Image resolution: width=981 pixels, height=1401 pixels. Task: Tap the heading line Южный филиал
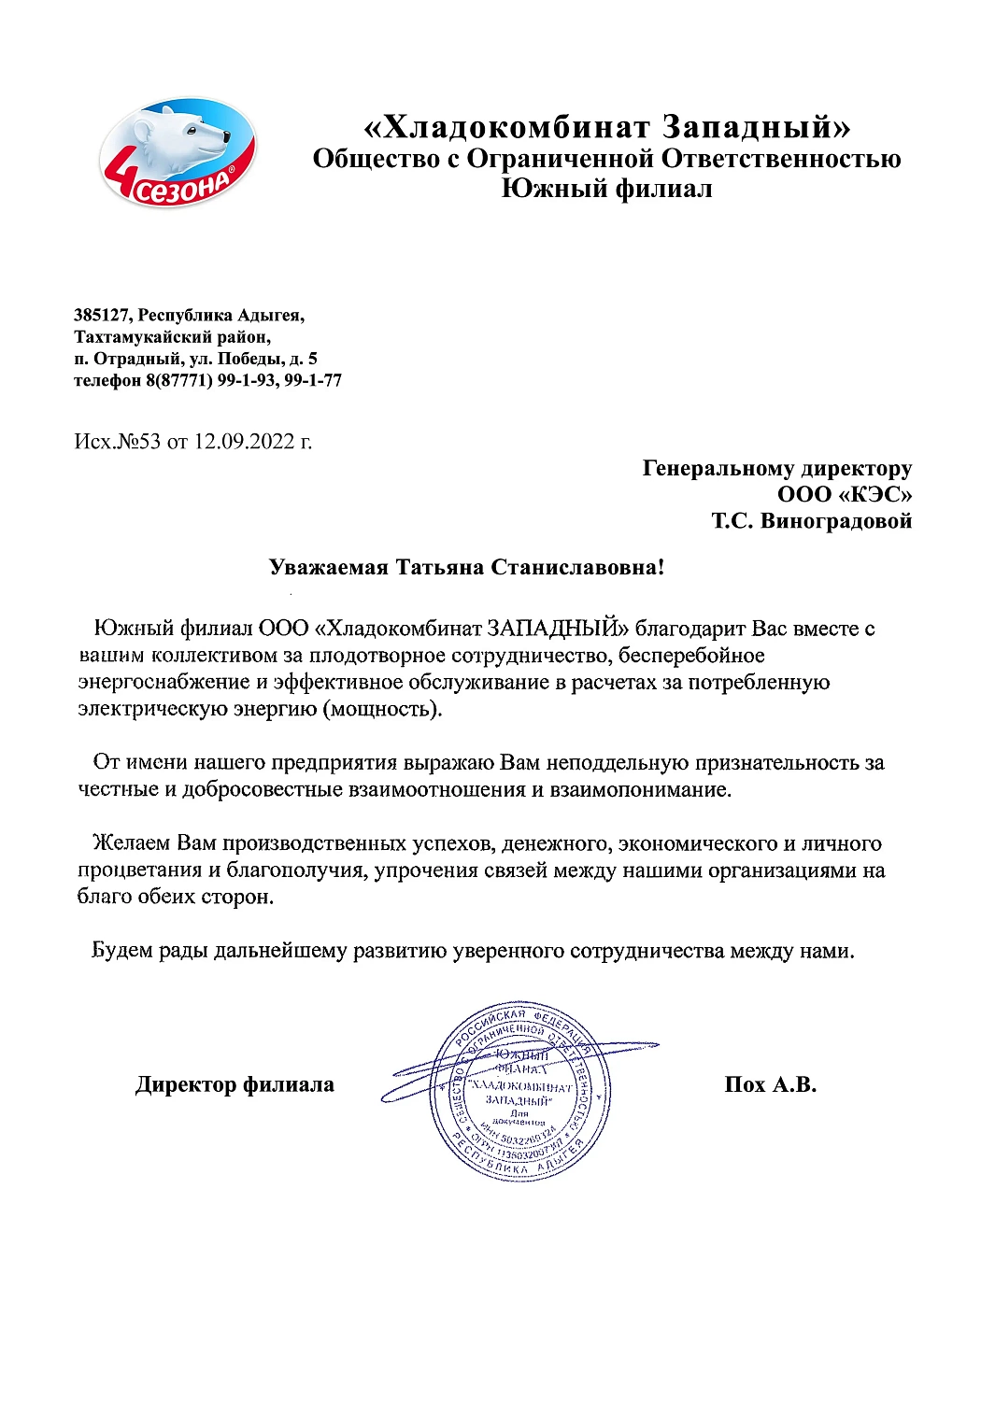606,189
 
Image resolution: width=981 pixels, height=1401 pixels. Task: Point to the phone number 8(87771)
178,380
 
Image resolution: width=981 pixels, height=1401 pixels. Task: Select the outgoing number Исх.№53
118,442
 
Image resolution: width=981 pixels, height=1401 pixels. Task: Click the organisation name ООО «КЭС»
844,494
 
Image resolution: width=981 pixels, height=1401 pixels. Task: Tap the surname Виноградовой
836,520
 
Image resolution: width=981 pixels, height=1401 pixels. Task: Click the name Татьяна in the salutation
439,567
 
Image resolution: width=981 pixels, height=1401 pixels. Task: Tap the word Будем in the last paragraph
121,951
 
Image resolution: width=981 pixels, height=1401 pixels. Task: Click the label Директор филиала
235,1084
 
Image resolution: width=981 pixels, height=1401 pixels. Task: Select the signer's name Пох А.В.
770,1084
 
